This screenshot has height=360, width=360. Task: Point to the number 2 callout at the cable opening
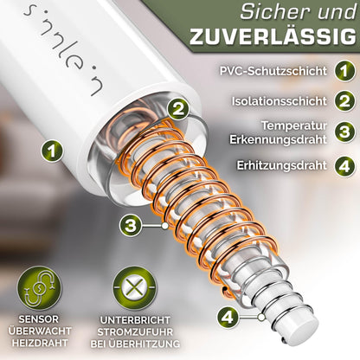177,109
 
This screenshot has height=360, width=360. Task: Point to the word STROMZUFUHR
132,333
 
